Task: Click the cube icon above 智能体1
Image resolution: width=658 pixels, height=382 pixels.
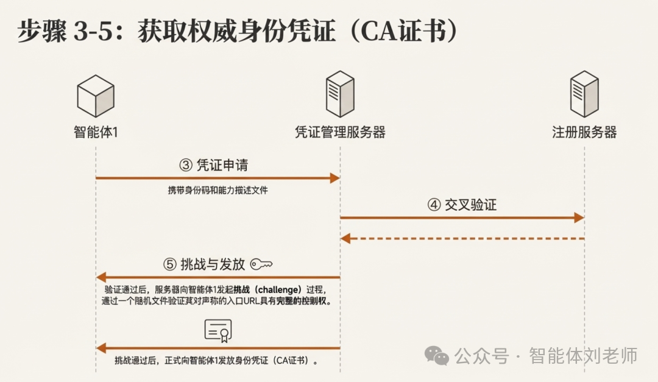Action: tap(96, 97)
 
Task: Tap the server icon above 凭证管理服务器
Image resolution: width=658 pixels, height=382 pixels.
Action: tap(340, 94)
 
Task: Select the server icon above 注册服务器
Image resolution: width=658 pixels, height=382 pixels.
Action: tap(584, 94)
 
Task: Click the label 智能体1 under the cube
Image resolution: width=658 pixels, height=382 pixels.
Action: tap(96, 132)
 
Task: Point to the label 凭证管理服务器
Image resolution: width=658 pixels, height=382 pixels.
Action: tap(340, 132)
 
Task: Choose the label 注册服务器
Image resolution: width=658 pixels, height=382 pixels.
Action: tap(584, 132)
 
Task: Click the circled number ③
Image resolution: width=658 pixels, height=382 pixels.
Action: tap(186, 165)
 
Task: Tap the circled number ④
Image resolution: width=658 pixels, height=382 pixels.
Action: tap(434, 205)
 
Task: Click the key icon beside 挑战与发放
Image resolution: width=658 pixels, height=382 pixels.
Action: tap(261, 264)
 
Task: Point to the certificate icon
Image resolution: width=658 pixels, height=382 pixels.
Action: tap(218, 330)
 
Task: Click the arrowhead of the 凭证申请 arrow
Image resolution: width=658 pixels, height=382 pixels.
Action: tap(334, 178)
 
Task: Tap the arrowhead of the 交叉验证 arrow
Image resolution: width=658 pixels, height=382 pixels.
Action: tap(579, 217)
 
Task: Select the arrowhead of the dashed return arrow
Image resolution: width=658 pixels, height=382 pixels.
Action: tap(345, 238)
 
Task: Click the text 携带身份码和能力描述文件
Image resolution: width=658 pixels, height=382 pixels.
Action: tap(218, 191)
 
